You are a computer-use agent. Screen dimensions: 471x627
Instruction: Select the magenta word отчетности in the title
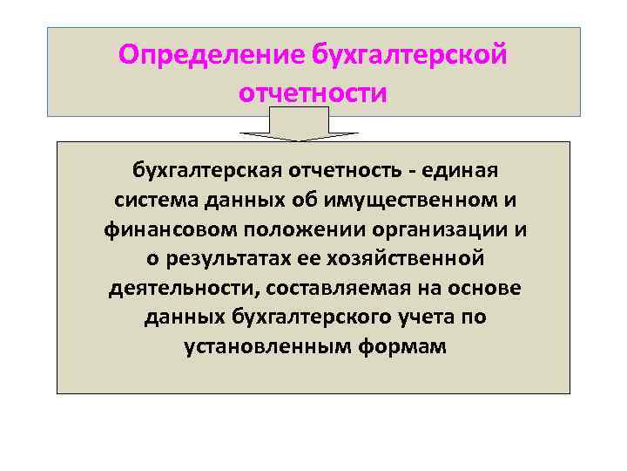[312, 92]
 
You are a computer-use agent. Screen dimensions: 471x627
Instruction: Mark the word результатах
[213, 258]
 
